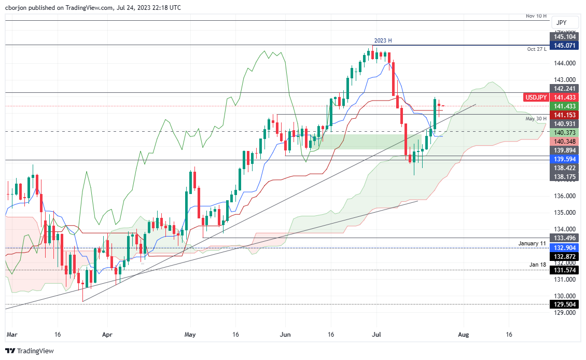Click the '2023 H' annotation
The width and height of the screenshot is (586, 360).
[383, 40]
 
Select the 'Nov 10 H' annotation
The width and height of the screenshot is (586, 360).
[536, 16]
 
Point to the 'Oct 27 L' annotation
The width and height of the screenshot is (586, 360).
[537, 49]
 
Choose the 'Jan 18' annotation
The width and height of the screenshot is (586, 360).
[538, 265]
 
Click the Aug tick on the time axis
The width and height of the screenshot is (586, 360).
[463, 335]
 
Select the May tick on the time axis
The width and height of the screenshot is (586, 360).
[190, 335]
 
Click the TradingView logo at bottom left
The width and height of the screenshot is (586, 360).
[30, 351]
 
